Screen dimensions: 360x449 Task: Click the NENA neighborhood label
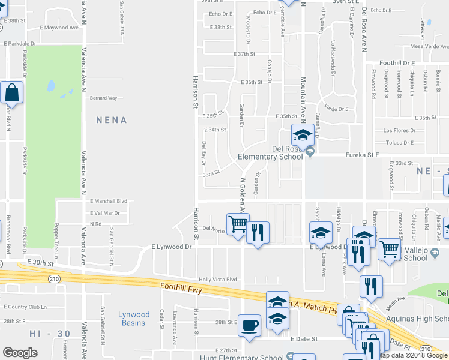coord(112,120)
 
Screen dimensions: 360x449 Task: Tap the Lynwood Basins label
coord(133,319)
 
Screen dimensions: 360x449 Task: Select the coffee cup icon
coord(250,326)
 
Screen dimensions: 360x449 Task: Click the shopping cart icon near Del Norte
coord(238,224)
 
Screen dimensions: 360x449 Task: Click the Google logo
coord(20,352)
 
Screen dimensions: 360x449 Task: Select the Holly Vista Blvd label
coord(218,280)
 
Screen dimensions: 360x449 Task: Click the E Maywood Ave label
coord(59,28)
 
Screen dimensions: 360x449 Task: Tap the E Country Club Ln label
coord(25,307)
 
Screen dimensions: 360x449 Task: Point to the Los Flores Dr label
coord(399,130)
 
